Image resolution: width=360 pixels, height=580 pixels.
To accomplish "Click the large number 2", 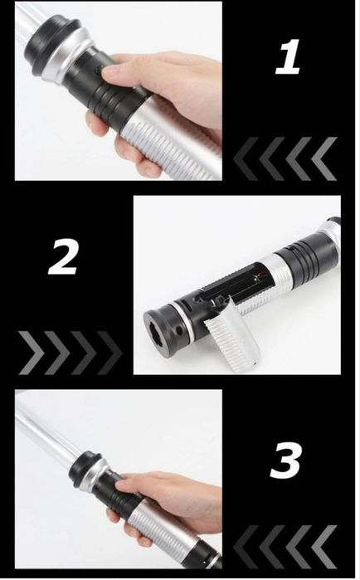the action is pyautogui.click(x=63, y=256).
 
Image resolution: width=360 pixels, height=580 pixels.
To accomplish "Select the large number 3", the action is pyautogui.click(x=285, y=460).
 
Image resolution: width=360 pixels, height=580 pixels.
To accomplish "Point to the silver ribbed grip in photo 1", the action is pyautogui.click(x=167, y=140).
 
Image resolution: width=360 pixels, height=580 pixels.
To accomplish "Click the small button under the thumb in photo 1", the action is pyautogui.click(x=99, y=71).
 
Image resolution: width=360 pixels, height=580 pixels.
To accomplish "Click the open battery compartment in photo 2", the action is pyautogui.click(x=236, y=285).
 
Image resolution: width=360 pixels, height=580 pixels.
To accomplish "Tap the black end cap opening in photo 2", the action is pyautogui.click(x=158, y=332).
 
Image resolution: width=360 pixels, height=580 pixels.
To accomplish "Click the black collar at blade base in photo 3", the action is pyautogui.click(x=85, y=468).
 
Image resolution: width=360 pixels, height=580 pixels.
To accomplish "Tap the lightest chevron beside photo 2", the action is pyautogui.click(x=31, y=353).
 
